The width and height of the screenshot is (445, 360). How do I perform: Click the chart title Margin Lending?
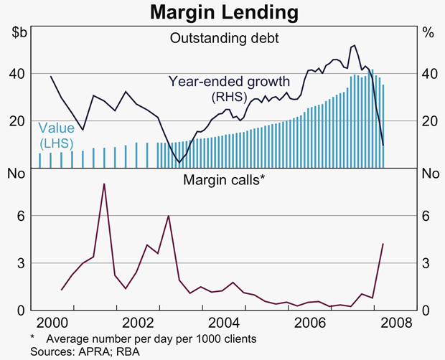pos(222,11)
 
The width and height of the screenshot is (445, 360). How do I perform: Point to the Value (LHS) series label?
pos(56,136)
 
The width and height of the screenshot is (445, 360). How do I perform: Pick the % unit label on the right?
pos(428,32)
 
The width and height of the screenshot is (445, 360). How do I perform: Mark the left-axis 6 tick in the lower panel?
pos(20,216)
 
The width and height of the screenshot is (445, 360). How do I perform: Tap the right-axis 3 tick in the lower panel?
pos(429,263)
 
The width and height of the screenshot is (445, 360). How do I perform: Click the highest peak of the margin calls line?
pos(104,184)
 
